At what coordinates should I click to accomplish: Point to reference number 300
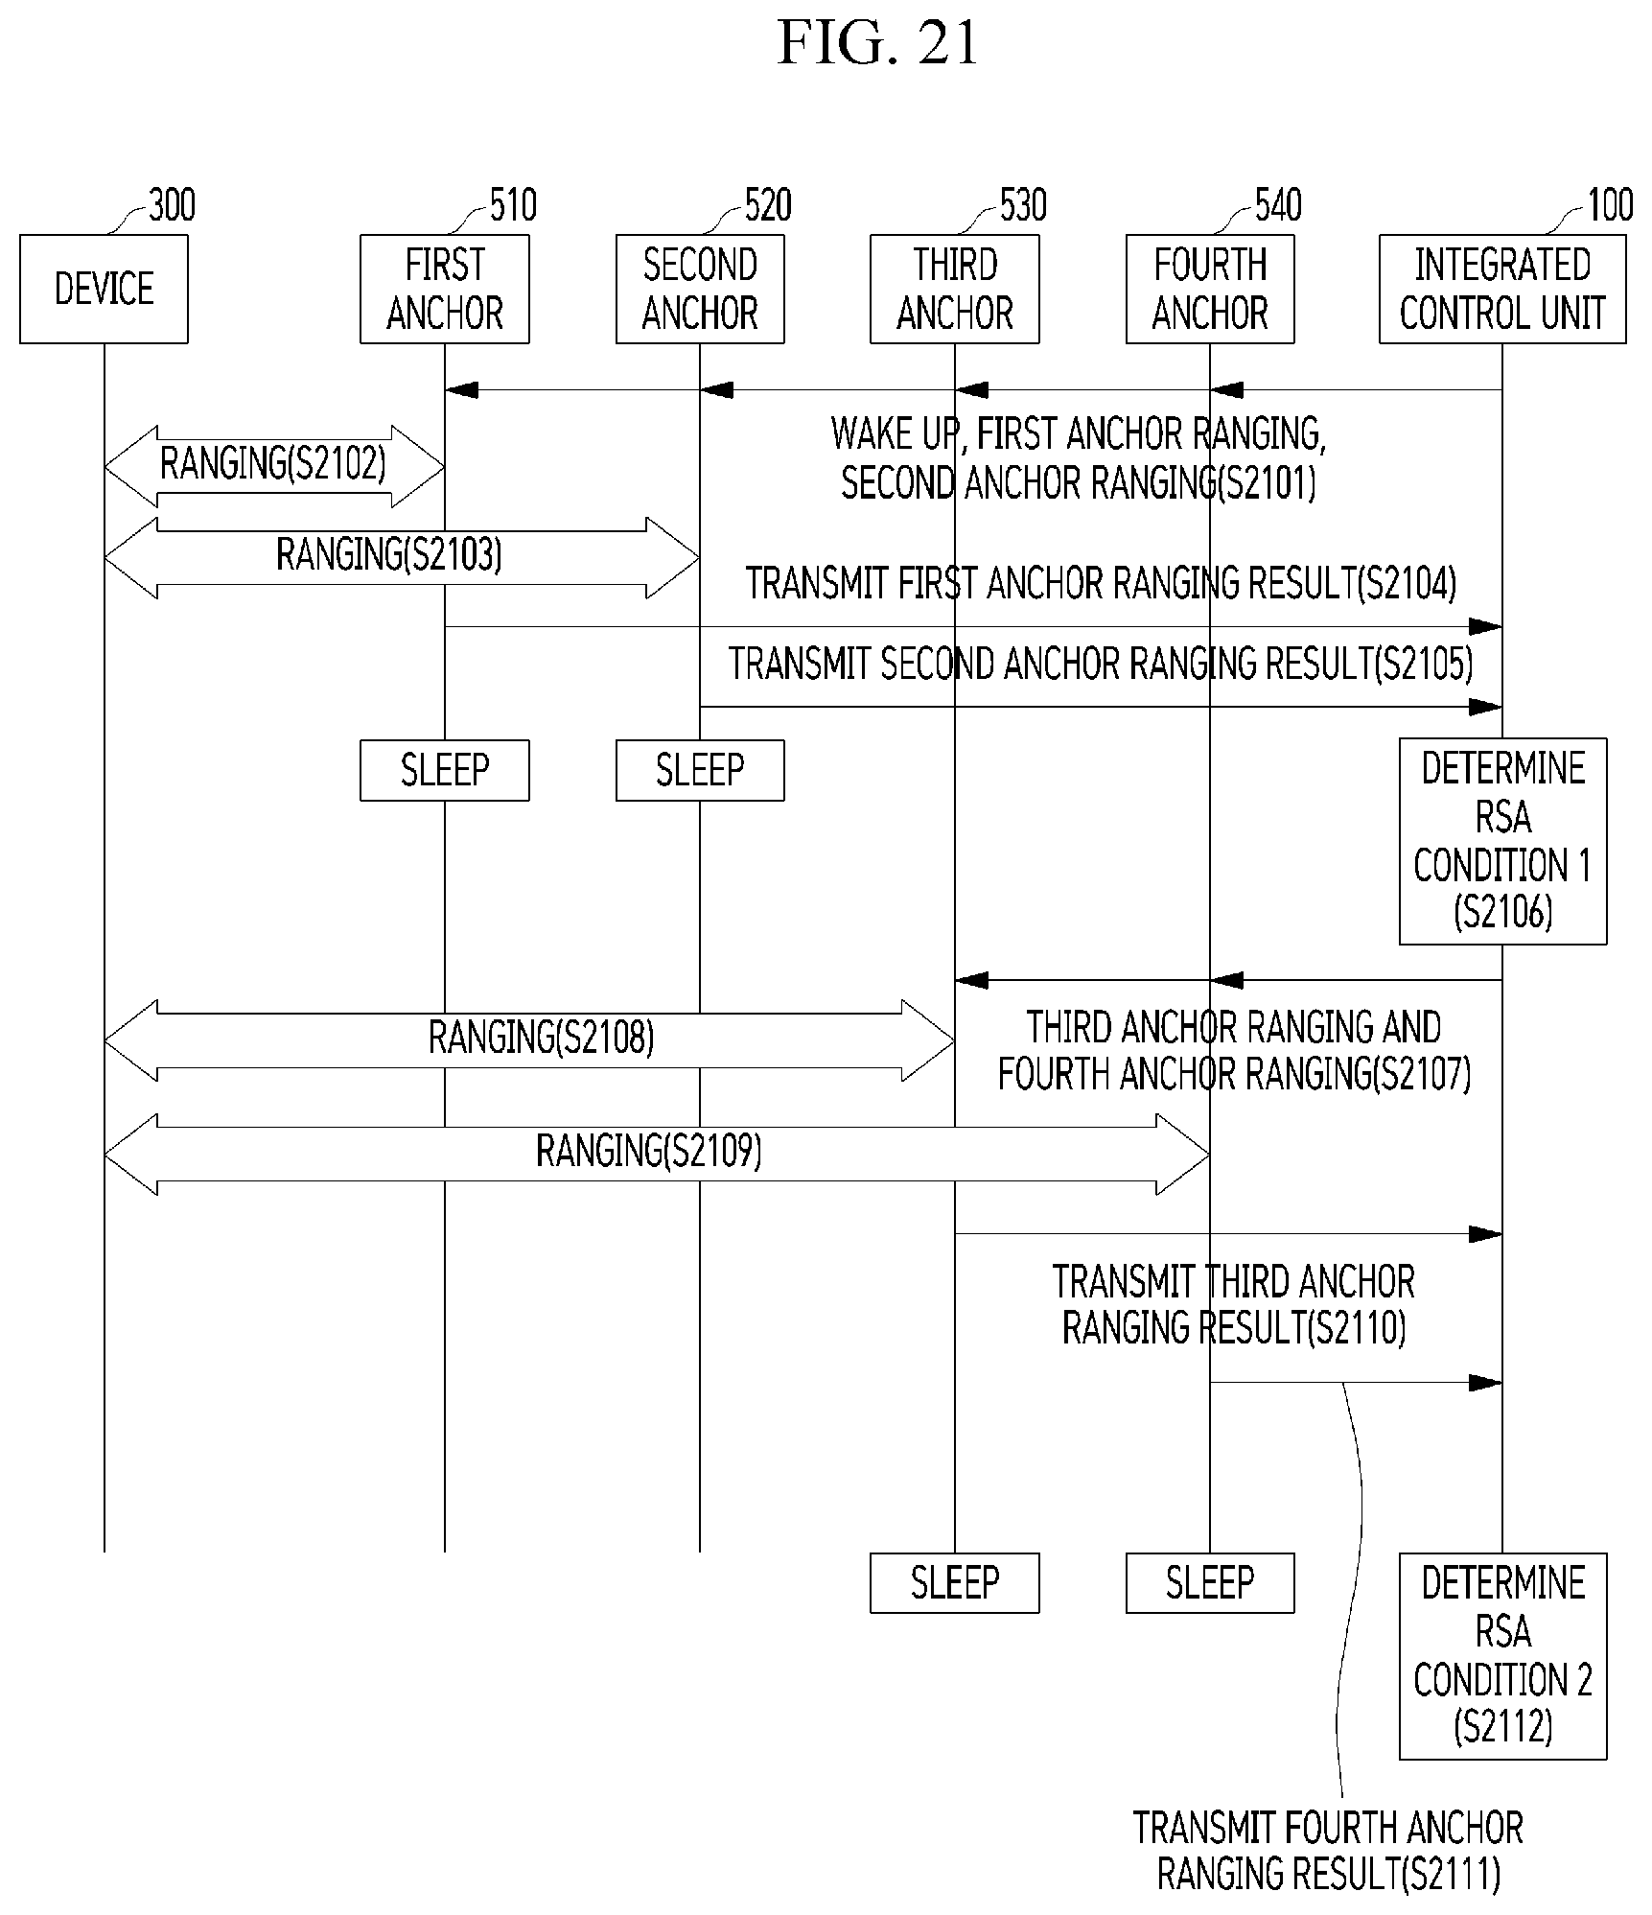point(172,205)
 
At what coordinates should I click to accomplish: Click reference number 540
point(1278,205)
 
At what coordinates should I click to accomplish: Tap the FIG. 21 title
point(877,43)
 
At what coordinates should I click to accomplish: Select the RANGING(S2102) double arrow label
point(273,464)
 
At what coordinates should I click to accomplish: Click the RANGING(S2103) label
point(389,554)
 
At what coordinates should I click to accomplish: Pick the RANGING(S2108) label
point(542,1038)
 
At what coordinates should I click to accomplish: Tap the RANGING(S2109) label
point(649,1151)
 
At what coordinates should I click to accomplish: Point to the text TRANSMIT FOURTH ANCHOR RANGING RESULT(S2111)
point(1328,1852)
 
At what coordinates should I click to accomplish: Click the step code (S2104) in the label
point(1407,583)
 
